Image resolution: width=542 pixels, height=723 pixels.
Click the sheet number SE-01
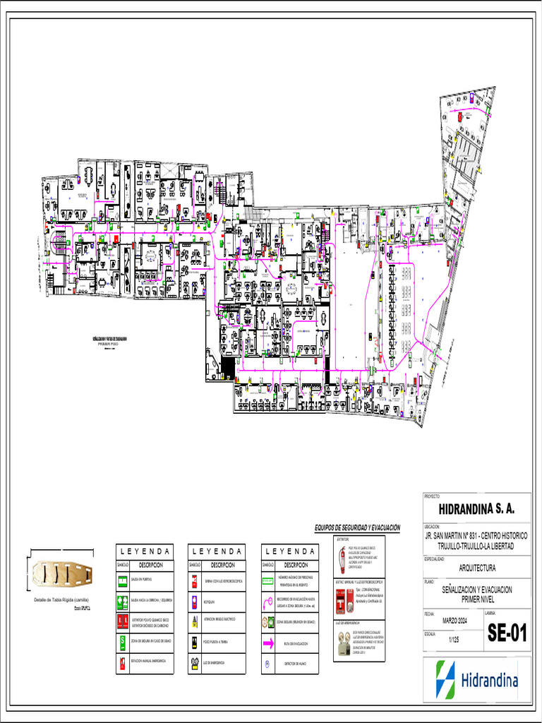[x=507, y=633]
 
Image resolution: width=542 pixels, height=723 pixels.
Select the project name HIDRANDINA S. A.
[x=476, y=509]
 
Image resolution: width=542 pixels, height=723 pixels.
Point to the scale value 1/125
[x=454, y=639]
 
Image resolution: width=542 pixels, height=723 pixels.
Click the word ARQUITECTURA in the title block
[x=477, y=568]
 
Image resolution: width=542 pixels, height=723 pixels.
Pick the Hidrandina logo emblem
[x=445, y=679]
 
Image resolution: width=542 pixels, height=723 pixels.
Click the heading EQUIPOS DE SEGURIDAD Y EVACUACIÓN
[x=357, y=527]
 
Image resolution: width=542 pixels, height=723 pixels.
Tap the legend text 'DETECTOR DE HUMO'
[x=295, y=664]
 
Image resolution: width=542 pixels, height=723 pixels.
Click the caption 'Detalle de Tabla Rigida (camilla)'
[x=61, y=599]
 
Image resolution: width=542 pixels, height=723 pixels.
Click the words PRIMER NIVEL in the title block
[x=477, y=598]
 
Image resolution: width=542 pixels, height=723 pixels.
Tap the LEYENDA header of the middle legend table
[x=216, y=551]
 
